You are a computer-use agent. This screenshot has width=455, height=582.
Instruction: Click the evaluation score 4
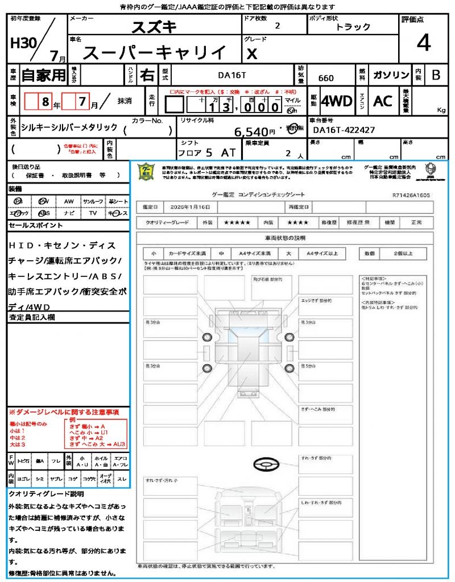click(423, 43)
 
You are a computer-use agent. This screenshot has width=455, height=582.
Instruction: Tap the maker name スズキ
click(154, 27)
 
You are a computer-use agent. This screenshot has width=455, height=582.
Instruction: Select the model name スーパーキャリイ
click(154, 53)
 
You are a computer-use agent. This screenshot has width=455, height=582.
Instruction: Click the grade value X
click(251, 54)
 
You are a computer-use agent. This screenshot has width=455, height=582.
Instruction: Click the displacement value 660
click(326, 78)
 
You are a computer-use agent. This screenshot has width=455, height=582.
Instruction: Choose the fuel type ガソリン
click(391, 75)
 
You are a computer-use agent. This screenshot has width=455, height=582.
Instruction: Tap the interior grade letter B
click(436, 75)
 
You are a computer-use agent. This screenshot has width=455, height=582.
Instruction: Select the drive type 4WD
click(337, 101)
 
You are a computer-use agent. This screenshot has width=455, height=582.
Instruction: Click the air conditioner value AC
click(383, 101)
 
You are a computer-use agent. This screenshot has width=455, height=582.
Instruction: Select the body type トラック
click(353, 27)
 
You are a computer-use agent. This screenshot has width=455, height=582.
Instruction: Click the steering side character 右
click(147, 74)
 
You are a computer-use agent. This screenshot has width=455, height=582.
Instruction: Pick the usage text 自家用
click(44, 74)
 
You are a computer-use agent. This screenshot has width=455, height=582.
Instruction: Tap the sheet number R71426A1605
click(411, 195)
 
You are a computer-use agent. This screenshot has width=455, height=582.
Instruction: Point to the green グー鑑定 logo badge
click(146, 171)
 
